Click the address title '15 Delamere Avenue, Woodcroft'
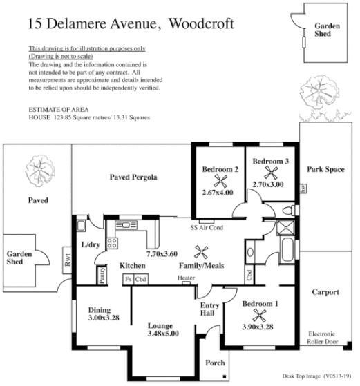coord(131,24)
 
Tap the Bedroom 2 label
coord(220,169)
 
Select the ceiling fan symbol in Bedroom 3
coord(270,173)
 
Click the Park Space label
coord(325,168)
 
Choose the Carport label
coord(325,292)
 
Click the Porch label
coord(216,362)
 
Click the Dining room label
coord(104,309)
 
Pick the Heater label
coord(186,278)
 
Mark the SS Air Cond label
coord(206,226)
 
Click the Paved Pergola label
coord(134,177)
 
